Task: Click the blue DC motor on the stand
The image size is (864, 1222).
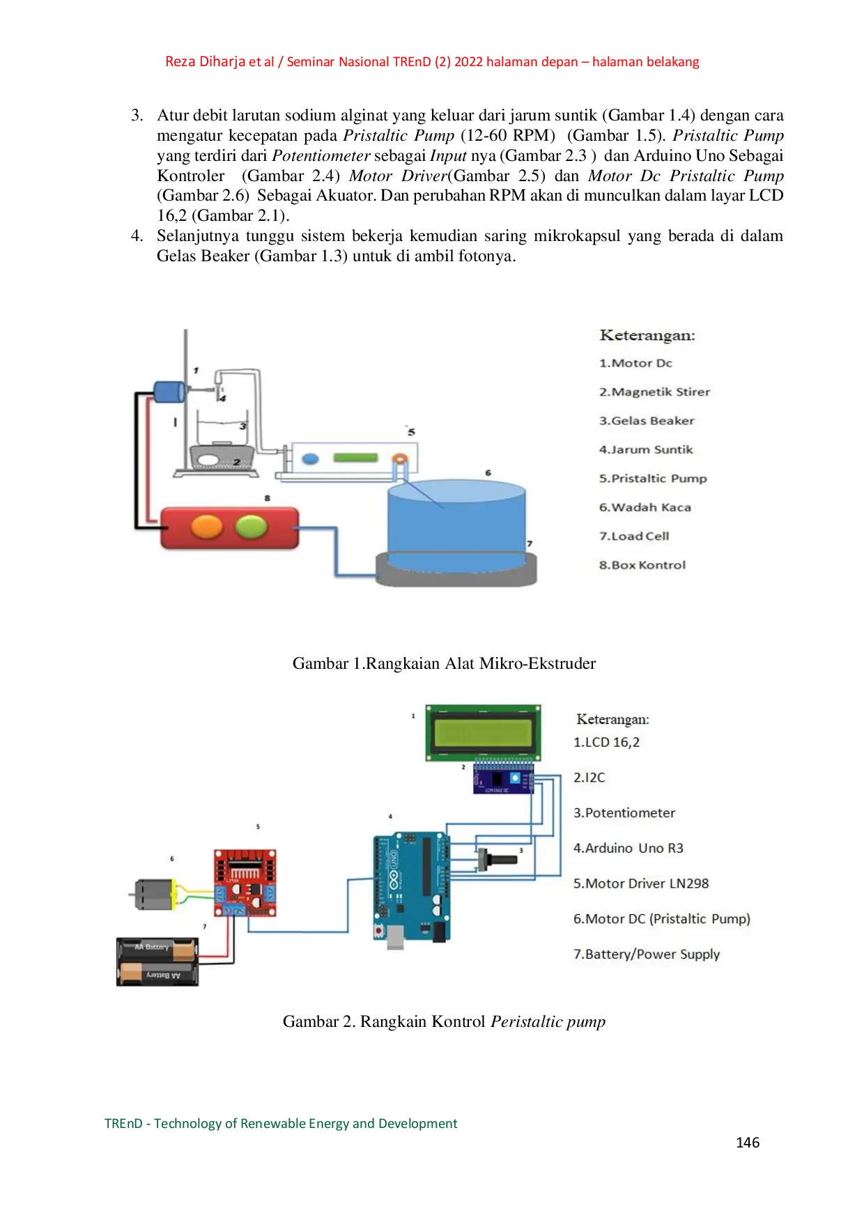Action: click(168, 392)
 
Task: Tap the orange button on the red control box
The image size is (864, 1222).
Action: click(207, 527)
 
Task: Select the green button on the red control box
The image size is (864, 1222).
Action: click(252, 527)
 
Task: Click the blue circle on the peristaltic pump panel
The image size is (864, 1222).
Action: click(310, 458)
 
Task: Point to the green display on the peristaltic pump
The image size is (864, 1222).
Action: click(355, 458)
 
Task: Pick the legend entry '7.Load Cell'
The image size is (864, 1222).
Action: click(634, 536)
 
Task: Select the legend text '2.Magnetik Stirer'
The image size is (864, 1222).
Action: click(654, 392)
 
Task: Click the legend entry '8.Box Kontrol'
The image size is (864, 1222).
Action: click(642, 565)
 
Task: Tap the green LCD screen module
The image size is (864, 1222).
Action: click(484, 733)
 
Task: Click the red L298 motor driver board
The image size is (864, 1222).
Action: click(245, 883)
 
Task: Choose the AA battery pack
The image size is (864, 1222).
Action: click(157, 961)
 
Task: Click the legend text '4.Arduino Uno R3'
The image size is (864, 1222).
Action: click(628, 848)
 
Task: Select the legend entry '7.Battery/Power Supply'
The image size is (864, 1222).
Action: click(646, 954)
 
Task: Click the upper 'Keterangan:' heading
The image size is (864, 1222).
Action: click(647, 335)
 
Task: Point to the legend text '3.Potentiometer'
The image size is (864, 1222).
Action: click(624, 812)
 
